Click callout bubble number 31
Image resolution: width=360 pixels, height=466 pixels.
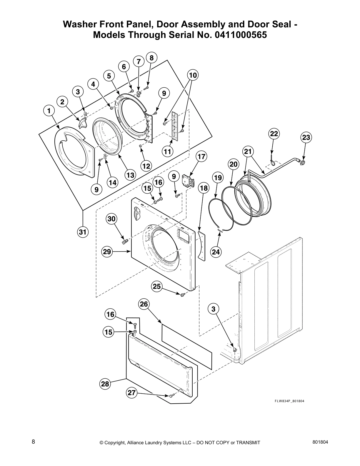83,232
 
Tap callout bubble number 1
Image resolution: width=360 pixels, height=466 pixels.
49,111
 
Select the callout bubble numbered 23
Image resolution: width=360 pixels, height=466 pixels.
306,137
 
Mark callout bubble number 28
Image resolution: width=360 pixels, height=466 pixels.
105,384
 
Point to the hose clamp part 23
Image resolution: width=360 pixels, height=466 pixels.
301,161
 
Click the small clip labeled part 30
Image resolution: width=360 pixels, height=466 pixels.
125,242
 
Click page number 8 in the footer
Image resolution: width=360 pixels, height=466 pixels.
34,442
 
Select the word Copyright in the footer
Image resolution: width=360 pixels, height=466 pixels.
116,443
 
